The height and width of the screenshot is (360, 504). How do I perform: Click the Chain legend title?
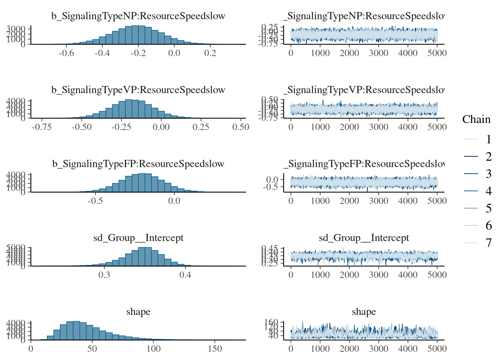[x=476, y=119]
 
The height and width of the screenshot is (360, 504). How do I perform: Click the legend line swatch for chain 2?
[x=471, y=157]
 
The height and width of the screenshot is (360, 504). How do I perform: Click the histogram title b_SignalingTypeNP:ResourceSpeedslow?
[x=138, y=16]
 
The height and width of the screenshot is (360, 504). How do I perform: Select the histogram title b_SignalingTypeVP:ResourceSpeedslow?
[x=138, y=90]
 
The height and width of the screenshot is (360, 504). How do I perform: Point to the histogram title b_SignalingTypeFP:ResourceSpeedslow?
[x=138, y=164]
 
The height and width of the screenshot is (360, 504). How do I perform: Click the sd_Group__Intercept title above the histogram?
[x=138, y=238]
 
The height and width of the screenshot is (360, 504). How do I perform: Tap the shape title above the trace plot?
[x=364, y=312]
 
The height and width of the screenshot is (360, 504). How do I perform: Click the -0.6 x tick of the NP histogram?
[x=66, y=53]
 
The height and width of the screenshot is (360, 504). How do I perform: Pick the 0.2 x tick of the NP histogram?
[x=210, y=53]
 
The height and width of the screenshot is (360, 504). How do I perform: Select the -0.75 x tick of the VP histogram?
[x=42, y=127]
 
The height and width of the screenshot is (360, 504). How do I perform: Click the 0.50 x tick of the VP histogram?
[x=240, y=127]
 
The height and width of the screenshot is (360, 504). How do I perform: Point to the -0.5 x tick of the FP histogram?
[x=95, y=201]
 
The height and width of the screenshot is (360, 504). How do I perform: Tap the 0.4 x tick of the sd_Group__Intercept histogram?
[x=185, y=275]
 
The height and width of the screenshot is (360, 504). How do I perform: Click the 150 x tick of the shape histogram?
[x=214, y=349]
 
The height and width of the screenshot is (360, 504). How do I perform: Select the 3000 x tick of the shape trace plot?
[x=378, y=349]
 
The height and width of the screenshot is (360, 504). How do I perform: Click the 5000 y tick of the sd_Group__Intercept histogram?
[x=18, y=247]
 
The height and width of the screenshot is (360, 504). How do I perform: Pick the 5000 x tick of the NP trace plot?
[x=437, y=53]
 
